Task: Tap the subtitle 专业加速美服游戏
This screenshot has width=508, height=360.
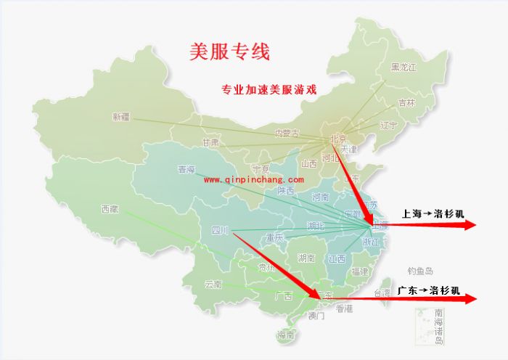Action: [x=269, y=90]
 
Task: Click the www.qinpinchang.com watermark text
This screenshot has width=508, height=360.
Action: [x=253, y=179]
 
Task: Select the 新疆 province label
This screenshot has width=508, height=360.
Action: [x=121, y=116]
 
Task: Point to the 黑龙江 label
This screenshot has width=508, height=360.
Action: [x=404, y=67]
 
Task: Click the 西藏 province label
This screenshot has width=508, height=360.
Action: [x=110, y=209]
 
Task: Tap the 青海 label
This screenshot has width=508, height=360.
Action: [x=187, y=170]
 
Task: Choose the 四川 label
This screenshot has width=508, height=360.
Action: [x=219, y=231]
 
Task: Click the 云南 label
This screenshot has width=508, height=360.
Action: [x=213, y=284]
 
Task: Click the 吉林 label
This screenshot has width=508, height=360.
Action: [x=406, y=103]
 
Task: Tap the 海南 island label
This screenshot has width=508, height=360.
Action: [x=285, y=335]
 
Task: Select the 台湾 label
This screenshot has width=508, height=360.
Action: [x=382, y=293]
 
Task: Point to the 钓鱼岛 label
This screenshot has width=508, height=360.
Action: [x=420, y=271]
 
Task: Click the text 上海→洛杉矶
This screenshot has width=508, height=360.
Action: [x=433, y=213]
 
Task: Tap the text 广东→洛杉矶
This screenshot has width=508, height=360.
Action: [x=428, y=290]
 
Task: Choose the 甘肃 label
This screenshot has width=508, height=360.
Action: [x=211, y=142]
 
